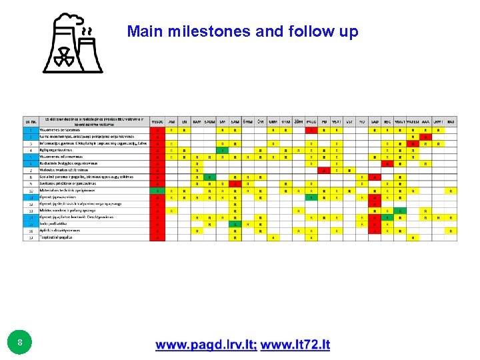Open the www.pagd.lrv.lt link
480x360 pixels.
click(205, 345)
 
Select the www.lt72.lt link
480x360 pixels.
click(295, 345)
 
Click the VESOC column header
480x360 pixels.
click(157, 122)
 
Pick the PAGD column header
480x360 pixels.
click(311, 122)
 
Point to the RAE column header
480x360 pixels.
click(451, 122)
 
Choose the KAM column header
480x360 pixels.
click(197, 122)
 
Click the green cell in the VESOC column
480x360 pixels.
click(157, 190)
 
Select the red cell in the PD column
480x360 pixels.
click(323, 170)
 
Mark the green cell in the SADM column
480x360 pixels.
click(209, 177)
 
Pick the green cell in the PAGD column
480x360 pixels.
click(311, 197)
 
